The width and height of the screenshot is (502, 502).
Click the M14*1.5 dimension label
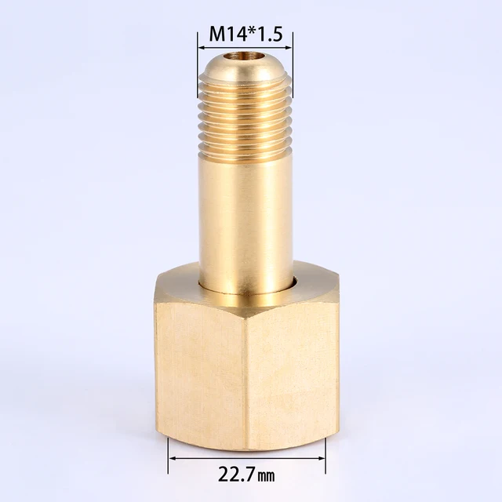[x=245, y=35]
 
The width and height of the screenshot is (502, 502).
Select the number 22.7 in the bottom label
[x=235, y=474]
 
